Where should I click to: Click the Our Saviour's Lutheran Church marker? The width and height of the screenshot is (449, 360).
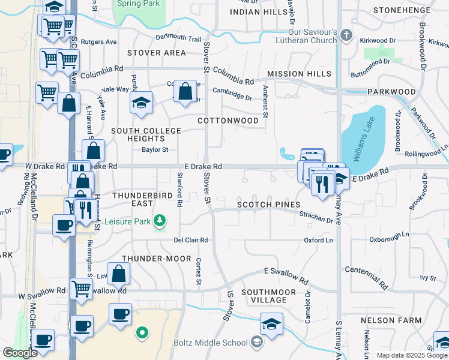click(346, 35)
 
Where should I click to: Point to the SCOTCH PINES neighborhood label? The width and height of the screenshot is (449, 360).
click(268, 205)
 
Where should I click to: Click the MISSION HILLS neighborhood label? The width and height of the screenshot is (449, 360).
click(299, 74)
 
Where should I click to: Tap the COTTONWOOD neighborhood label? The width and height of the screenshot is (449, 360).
click(228, 121)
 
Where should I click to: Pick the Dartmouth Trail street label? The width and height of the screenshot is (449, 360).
click(178, 38)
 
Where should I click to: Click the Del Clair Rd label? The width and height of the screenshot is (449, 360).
click(190, 240)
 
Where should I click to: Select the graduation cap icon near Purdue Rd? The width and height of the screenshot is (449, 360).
click(141, 103)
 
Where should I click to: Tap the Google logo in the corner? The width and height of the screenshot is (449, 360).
click(20, 353)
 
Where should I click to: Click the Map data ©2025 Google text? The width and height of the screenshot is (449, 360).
click(411, 355)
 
